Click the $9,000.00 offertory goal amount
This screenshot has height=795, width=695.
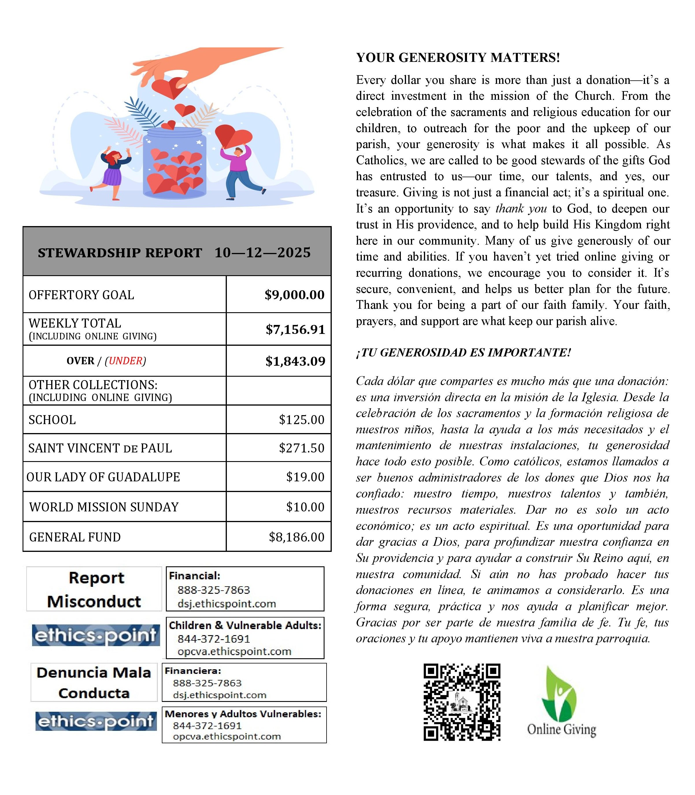tap(294, 295)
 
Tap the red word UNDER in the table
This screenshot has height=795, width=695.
tap(125, 361)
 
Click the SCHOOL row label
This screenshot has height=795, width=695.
tap(52, 420)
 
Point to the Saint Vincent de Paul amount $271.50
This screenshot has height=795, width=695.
tap(301, 448)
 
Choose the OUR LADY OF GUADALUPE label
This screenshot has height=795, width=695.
tap(103, 477)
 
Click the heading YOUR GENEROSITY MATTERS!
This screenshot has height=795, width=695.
tap(458, 58)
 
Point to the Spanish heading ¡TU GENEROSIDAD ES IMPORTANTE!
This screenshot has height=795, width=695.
tap(464, 352)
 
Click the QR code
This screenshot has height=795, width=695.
tap(462, 702)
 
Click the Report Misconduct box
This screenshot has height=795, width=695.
tap(94, 589)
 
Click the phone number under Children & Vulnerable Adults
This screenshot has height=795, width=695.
tap(213, 639)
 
